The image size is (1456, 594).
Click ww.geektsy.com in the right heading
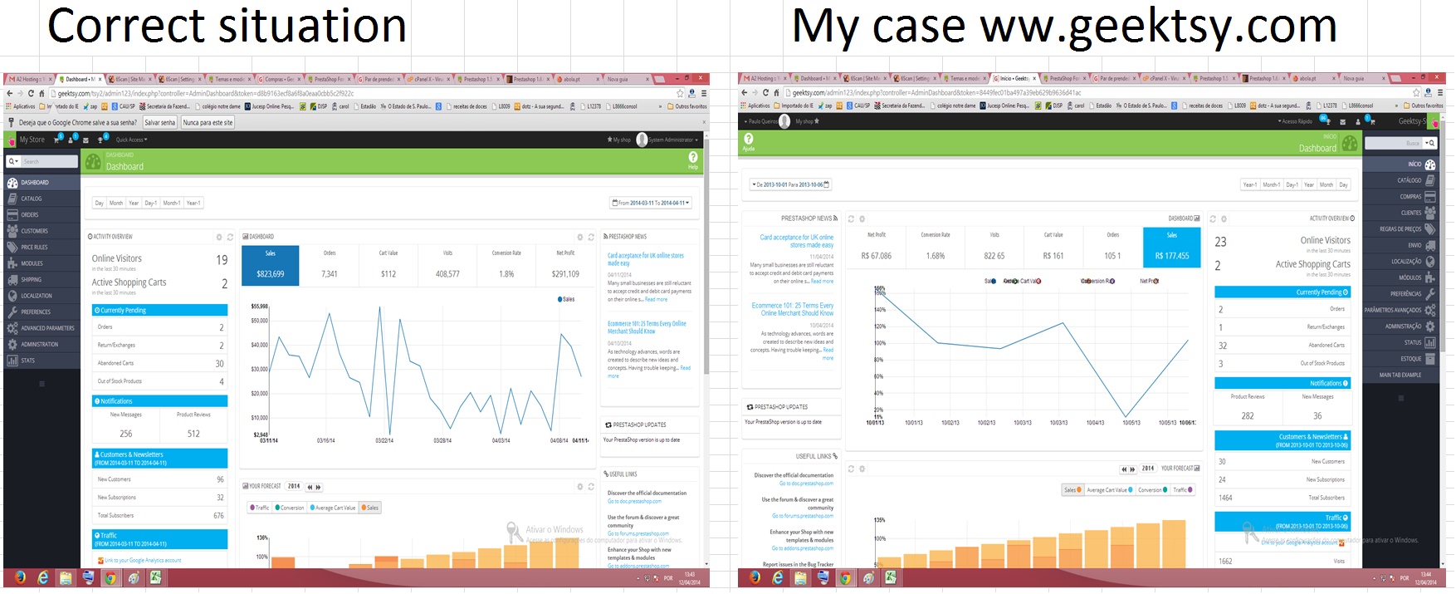click(x=1158, y=26)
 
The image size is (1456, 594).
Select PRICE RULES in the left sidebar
click(x=34, y=247)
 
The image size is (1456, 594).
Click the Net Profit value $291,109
click(x=565, y=273)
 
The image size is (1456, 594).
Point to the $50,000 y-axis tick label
click(x=259, y=320)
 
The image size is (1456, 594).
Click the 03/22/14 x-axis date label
click(x=384, y=440)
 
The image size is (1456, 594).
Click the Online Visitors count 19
click(x=222, y=260)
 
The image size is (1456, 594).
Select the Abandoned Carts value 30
click(x=219, y=364)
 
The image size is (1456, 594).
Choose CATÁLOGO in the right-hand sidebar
click(x=1409, y=180)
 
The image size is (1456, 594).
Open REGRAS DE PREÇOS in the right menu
click(x=1400, y=228)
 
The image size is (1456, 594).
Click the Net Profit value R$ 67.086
click(x=877, y=256)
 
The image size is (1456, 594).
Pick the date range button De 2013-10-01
click(x=790, y=184)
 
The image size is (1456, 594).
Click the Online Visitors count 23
click(x=1220, y=242)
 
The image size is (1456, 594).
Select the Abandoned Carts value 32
click(x=1222, y=346)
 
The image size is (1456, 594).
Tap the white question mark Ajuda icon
click(x=749, y=139)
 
